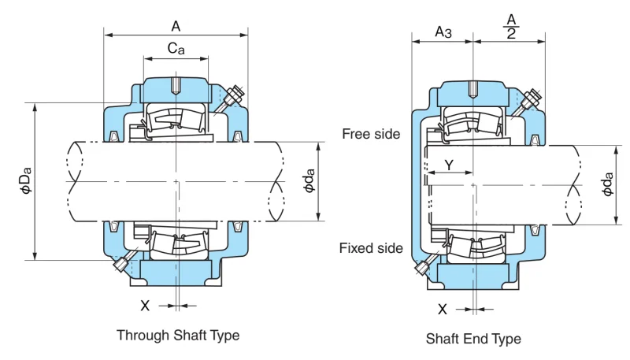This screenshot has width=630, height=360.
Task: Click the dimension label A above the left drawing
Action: tap(176, 26)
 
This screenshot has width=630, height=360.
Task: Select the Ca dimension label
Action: tap(176, 49)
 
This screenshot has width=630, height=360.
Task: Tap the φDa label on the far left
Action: tap(26, 181)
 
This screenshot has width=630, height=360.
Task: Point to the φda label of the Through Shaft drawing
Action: tap(309, 181)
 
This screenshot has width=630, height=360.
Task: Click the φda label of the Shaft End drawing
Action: tap(607, 184)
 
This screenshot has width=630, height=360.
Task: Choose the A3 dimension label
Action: tap(443, 32)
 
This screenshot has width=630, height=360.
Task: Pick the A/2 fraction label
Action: tap(511, 27)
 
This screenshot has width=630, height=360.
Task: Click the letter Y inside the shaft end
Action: tap(449, 165)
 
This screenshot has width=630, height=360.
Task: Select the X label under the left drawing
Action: tap(145, 306)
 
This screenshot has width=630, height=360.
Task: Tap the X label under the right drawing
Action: tap(442, 310)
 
